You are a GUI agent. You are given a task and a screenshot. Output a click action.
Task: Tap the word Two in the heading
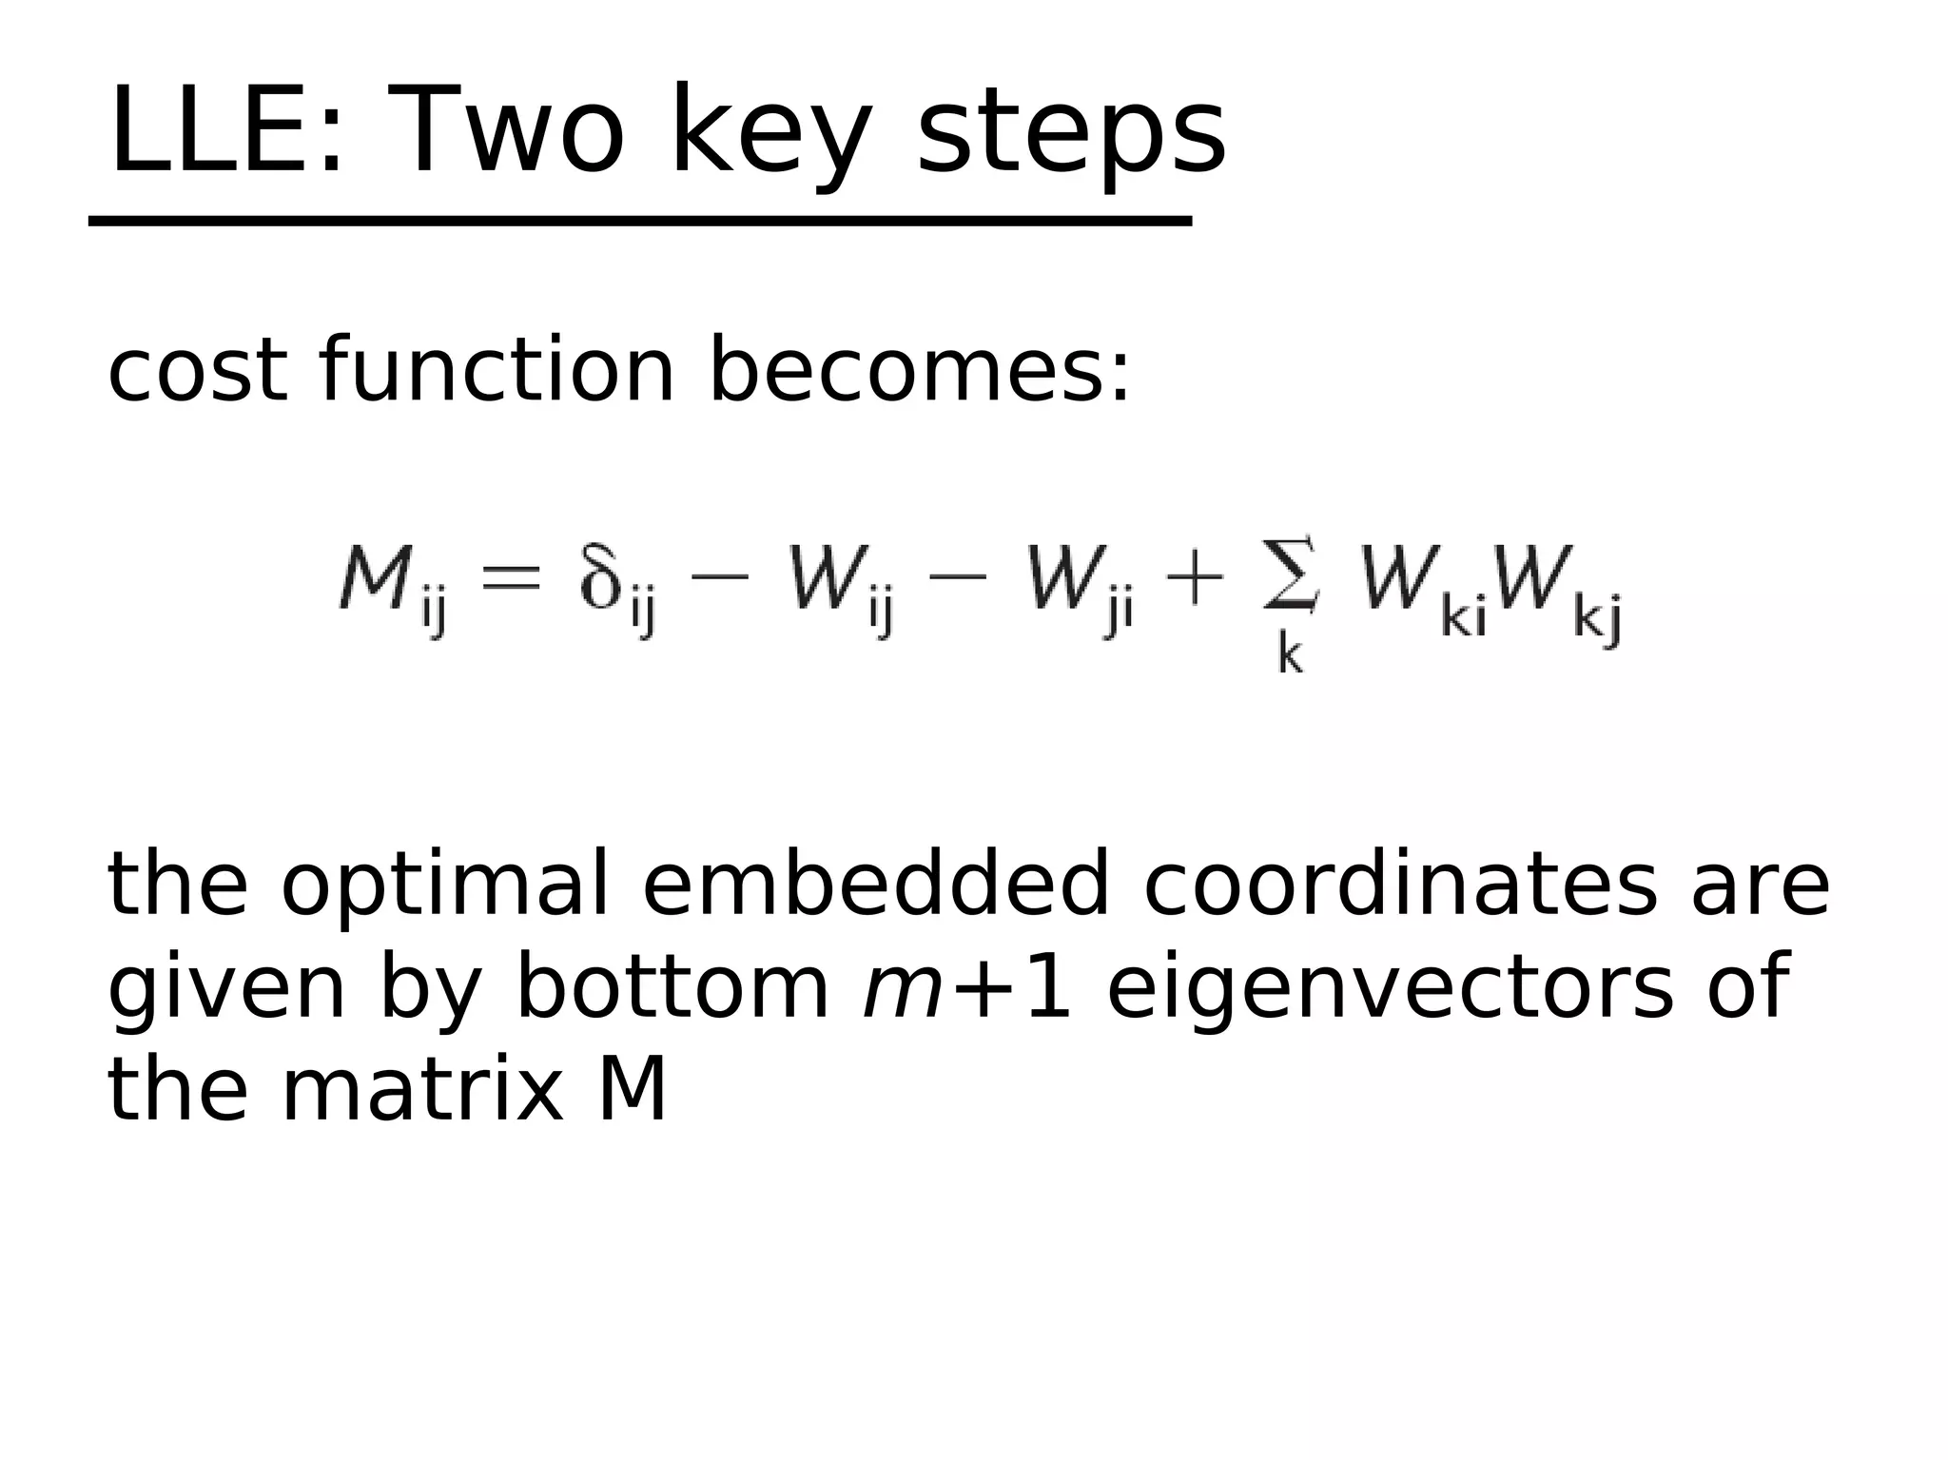(514, 130)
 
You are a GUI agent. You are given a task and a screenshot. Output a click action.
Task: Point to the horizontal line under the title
(639, 222)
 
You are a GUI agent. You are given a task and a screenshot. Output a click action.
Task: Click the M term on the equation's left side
(390, 585)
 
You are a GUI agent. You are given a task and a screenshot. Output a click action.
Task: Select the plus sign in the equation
(1193, 577)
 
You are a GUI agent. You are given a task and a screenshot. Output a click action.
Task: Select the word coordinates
(1399, 885)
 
